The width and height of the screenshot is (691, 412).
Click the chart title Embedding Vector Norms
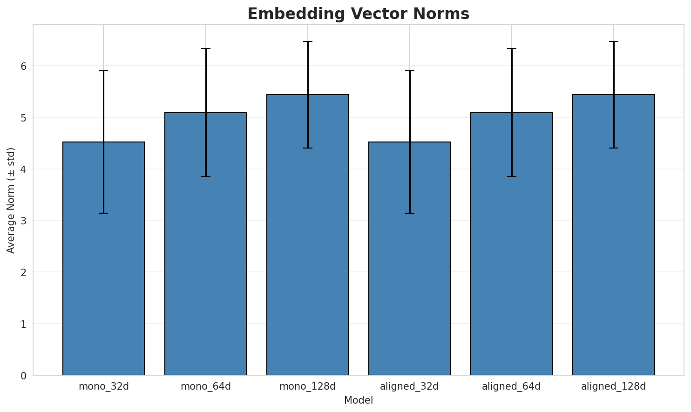(x=358, y=14)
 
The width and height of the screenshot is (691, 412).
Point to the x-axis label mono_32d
(x=103, y=386)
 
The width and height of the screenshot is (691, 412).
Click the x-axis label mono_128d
(x=307, y=386)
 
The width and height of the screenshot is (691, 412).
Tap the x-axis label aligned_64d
(x=511, y=386)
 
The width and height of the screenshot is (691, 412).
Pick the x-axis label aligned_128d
(x=613, y=386)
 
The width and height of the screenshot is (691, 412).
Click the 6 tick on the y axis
(x=23, y=66)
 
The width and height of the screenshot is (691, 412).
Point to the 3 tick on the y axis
(x=23, y=221)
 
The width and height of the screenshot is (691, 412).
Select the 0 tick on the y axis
(x=23, y=375)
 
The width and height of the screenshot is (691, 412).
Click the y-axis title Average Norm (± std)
(x=11, y=200)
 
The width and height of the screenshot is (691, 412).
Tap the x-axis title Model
(x=358, y=400)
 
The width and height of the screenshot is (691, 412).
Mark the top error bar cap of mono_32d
(x=103, y=71)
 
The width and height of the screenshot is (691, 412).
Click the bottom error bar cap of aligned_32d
(x=409, y=213)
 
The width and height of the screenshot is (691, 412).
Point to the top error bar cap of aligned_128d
(x=613, y=41)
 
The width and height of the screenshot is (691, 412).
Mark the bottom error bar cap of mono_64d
(x=205, y=176)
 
